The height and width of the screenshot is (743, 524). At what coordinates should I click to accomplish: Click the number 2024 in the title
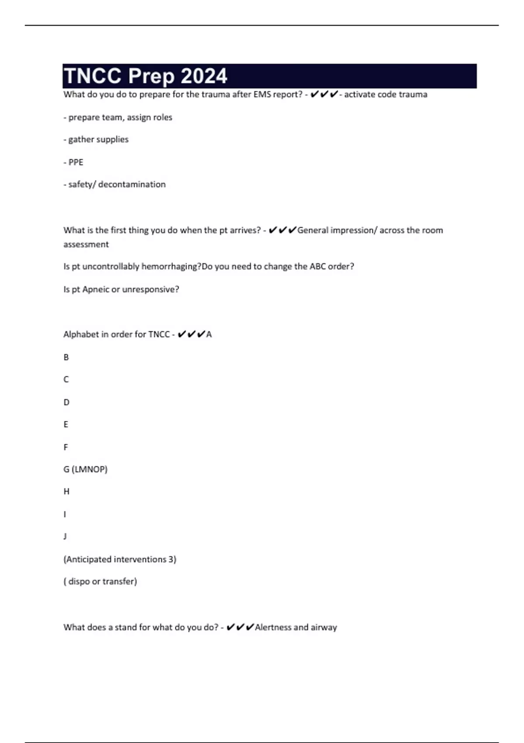[x=204, y=76]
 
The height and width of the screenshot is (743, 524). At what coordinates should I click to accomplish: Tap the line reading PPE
[x=76, y=162]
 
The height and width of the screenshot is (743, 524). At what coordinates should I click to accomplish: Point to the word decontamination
[x=132, y=184]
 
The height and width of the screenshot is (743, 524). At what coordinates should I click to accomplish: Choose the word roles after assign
[x=162, y=117]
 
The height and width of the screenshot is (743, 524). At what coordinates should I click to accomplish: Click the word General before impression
[x=313, y=230]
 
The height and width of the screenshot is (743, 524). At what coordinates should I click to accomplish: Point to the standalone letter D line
[x=66, y=402]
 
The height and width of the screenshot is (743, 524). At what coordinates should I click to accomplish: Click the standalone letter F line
[x=66, y=447]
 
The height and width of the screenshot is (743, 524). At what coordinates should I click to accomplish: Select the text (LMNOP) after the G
[x=90, y=469]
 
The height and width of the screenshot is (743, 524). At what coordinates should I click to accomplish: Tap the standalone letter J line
[x=65, y=536]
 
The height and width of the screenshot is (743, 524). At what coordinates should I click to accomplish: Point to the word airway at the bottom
[x=324, y=628]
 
